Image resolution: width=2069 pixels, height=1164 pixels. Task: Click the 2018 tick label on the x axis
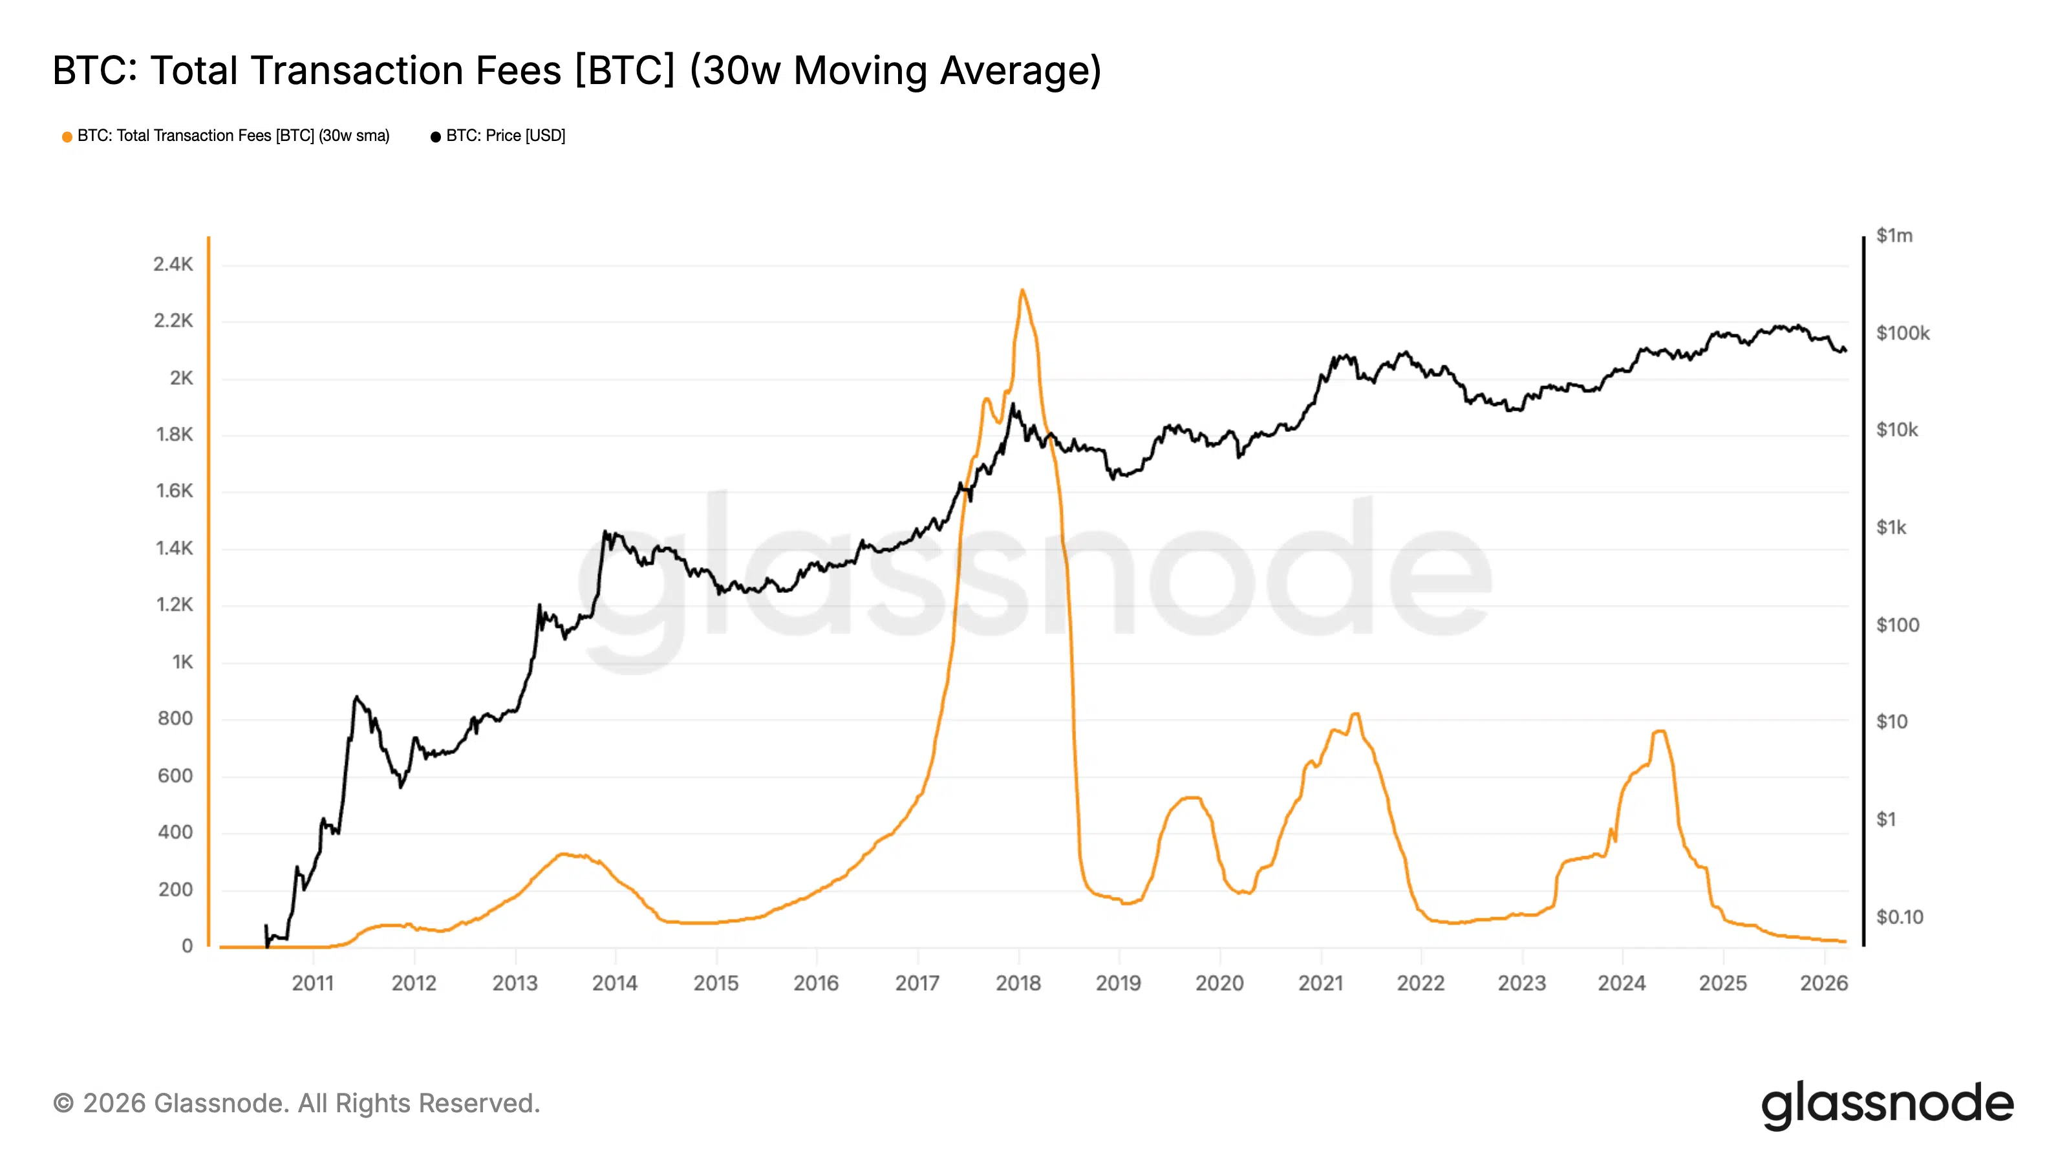pyautogui.click(x=1018, y=982)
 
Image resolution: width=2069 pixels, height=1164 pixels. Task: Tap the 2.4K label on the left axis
pyautogui.click(x=173, y=264)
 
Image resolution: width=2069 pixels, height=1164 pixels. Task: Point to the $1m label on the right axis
pyautogui.click(x=1894, y=236)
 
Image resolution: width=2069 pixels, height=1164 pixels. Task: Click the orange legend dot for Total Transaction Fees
pyautogui.click(x=67, y=136)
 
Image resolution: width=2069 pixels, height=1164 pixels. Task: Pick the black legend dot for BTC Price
pyautogui.click(x=435, y=136)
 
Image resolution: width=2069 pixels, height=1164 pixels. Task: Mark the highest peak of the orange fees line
pyautogui.click(x=1022, y=291)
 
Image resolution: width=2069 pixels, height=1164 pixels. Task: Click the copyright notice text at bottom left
pyautogui.click(x=296, y=1103)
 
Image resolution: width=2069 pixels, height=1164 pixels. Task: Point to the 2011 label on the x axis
pyautogui.click(x=312, y=982)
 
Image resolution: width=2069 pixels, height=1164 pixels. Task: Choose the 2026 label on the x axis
pyautogui.click(x=1823, y=982)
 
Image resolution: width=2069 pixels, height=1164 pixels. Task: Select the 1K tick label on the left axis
pyautogui.click(x=182, y=662)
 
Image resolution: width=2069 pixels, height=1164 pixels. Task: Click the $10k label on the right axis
pyautogui.click(x=1896, y=430)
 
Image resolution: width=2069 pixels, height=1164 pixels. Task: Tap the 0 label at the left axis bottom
pyautogui.click(x=187, y=945)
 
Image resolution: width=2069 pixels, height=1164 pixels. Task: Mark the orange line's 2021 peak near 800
pyautogui.click(x=1355, y=714)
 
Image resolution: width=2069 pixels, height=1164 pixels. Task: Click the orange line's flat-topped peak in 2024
pyautogui.click(x=1658, y=732)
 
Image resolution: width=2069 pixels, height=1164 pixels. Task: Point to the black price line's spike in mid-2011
pyautogui.click(x=356, y=698)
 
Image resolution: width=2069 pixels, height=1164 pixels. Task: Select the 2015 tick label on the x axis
pyautogui.click(x=716, y=982)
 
